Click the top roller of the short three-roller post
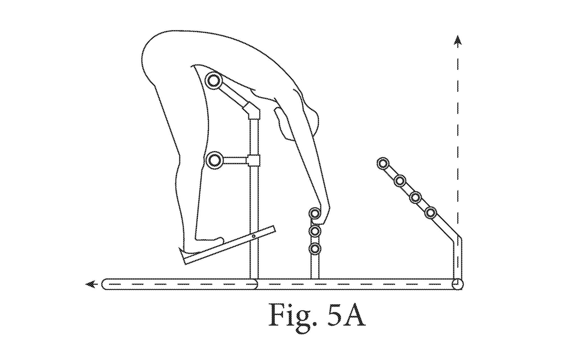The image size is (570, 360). (x=315, y=213)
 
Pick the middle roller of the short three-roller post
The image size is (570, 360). (x=315, y=231)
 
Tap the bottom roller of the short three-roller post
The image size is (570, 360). (x=315, y=249)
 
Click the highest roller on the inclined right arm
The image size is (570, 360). (x=383, y=163)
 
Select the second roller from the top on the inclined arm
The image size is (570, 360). (x=400, y=180)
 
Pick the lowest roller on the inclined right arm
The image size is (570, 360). (x=430, y=213)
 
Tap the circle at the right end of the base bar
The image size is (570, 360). (x=457, y=284)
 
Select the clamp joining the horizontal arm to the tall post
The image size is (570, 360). (x=253, y=161)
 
